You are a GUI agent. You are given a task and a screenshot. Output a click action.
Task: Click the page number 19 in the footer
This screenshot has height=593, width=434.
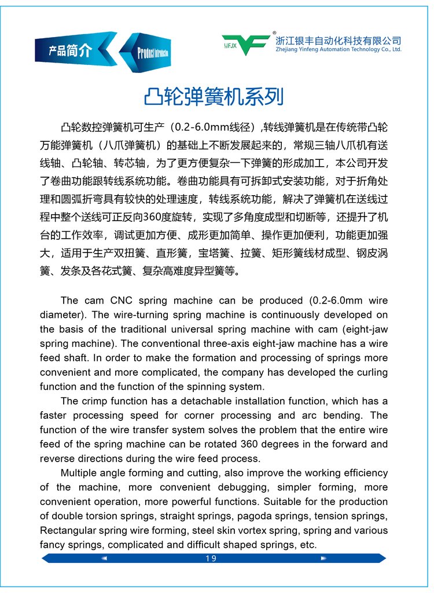211,558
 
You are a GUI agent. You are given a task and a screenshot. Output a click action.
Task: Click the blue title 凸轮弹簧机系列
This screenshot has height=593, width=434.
214,96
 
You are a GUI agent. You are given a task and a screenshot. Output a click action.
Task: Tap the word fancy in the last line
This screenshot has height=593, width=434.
52,544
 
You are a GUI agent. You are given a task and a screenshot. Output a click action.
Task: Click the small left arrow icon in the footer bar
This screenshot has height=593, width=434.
105,558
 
